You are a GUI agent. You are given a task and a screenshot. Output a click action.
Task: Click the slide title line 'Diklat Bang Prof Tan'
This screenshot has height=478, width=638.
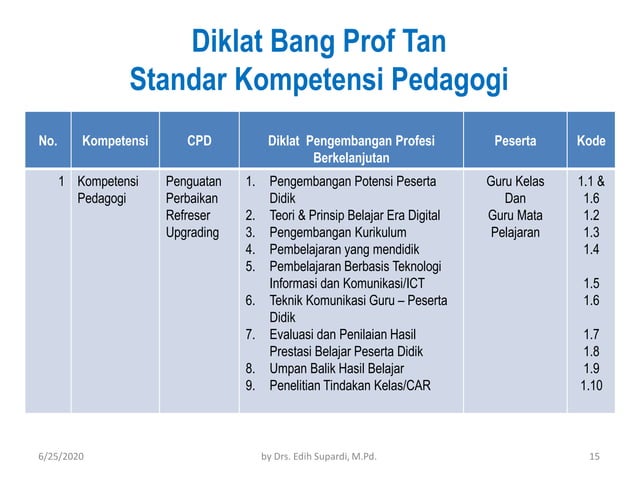(318, 44)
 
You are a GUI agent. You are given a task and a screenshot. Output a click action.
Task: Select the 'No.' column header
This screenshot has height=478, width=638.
(47, 142)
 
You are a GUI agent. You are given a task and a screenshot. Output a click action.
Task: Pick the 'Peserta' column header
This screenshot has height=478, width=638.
(514, 142)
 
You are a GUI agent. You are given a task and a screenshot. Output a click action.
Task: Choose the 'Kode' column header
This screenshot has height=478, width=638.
(590, 142)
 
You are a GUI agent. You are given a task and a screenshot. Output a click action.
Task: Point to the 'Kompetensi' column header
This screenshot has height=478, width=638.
(115, 142)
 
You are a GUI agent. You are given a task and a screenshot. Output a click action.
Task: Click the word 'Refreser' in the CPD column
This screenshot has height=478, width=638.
(190, 215)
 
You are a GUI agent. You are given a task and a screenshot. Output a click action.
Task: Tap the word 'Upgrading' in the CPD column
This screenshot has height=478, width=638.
(193, 232)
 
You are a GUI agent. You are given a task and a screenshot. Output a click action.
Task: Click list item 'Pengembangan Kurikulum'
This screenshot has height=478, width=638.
(336, 232)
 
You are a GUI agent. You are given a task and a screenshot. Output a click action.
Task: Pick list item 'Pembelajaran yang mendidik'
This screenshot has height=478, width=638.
(344, 249)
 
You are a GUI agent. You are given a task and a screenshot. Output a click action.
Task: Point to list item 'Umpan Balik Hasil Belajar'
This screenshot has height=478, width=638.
(341, 367)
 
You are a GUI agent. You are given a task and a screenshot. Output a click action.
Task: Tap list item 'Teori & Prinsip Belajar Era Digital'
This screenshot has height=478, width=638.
(358, 215)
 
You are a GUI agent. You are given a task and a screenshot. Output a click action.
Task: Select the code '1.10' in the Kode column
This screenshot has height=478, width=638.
(590, 385)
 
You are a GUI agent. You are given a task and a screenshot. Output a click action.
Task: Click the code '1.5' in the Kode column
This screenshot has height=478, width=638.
(590, 283)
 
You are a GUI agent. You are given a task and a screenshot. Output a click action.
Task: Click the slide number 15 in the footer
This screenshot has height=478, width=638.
(594, 457)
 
